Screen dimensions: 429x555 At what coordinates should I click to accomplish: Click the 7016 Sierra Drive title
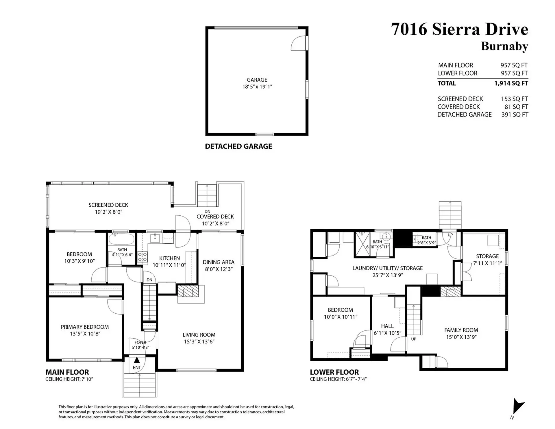(459, 29)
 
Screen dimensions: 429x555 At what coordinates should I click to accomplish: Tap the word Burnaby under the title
(504, 46)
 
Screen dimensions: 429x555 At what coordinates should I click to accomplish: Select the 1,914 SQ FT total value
(511, 83)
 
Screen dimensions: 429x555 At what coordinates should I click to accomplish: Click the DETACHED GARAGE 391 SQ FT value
(515, 114)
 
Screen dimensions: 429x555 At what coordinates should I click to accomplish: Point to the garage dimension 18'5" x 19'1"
(257, 87)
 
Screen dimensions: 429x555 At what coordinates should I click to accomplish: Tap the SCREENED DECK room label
(108, 205)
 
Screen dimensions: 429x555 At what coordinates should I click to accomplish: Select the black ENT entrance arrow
(137, 360)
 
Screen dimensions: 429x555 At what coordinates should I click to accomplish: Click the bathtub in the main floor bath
(121, 240)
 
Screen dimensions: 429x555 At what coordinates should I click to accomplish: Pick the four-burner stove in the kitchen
(142, 257)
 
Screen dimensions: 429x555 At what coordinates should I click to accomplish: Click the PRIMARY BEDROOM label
(85, 327)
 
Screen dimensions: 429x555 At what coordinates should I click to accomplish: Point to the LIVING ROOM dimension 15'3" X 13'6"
(199, 342)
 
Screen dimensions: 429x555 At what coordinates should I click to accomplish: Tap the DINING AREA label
(218, 262)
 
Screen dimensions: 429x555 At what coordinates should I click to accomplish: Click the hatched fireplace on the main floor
(188, 291)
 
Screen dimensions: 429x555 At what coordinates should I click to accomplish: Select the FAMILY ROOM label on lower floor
(461, 330)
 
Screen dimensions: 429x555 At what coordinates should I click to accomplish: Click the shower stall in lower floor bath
(362, 244)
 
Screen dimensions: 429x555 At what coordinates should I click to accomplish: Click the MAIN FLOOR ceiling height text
(69, 379)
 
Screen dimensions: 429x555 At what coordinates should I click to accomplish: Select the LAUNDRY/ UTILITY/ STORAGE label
(387, 268)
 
